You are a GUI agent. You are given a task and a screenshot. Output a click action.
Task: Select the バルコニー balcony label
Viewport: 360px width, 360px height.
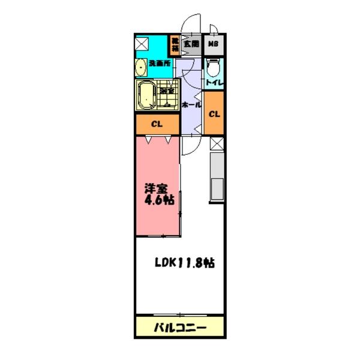pyautogui.click(x=179, y=328)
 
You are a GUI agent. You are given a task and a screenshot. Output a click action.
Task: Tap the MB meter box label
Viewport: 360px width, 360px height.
pyautogui.click(x=214, y=43)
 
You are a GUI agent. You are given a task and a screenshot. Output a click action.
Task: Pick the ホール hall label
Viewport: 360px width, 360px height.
pyautogui.click(x=191, y=105)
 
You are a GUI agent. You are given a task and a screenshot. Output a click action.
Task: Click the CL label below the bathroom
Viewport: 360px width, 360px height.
pyautogui.click(x=157, y=125)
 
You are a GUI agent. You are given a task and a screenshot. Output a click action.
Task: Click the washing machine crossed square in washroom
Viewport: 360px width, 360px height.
pyautogui.click(x=142, y=45)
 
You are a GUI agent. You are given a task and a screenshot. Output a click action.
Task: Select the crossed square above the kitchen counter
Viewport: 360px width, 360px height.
pyautogui.click(x=217, y=143)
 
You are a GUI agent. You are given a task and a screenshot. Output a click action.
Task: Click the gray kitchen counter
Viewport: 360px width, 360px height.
pyautogui.click(x=216, y=180)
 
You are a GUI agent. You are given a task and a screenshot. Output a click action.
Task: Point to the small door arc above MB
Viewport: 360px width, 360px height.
pyautogui.click(x=213, y=29)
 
